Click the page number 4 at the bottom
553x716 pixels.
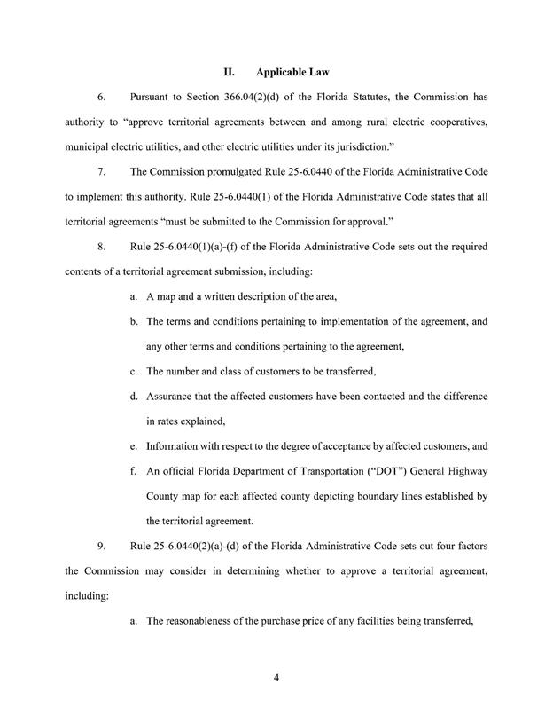(276, 679)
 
